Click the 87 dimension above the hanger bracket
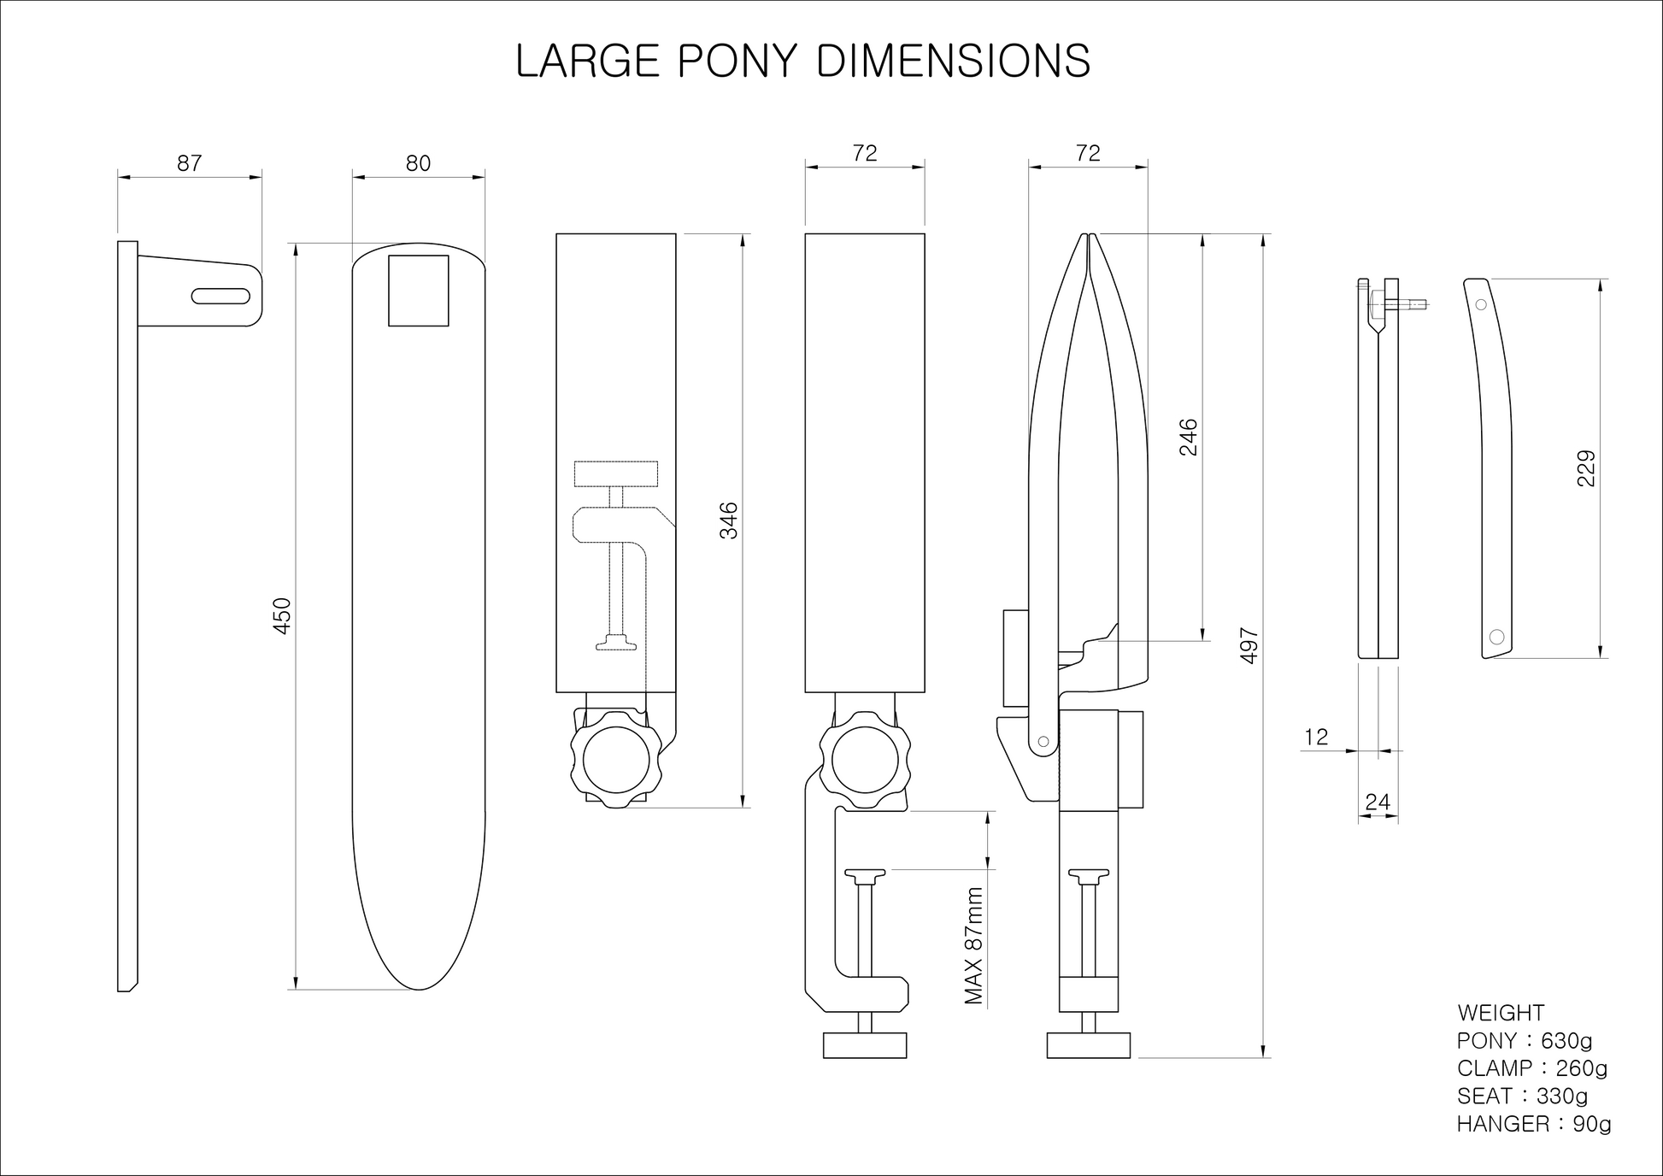pos(190,163)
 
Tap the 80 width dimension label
pos(418,163)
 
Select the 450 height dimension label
pos(283,616)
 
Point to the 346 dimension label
pos(729,520)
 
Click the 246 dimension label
pos(1189,437)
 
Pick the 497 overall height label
pos(1249,646)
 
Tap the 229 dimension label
pos(1586,468)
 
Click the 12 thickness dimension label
pos(1317,737)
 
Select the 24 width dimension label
pos(1378,802)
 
